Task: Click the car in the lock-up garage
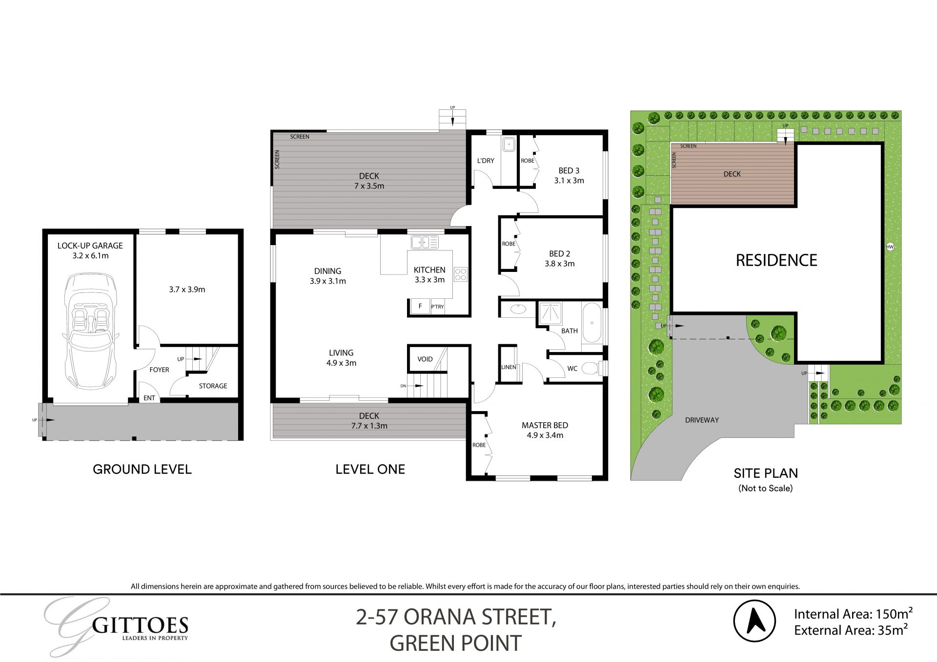91,331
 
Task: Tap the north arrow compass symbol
754,621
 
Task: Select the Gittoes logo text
140,625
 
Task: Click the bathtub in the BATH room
592,323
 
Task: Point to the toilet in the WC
591,368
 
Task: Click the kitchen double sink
425,242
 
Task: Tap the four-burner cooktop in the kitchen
461,274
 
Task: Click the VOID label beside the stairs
425,359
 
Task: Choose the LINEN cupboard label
508,367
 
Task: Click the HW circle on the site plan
890,247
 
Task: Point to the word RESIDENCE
776,260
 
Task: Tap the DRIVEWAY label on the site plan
702,420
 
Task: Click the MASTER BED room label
545,425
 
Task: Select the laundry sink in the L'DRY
509,144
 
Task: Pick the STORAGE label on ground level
213,386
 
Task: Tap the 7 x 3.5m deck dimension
369,186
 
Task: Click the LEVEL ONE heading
370,469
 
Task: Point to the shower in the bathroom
550,313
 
